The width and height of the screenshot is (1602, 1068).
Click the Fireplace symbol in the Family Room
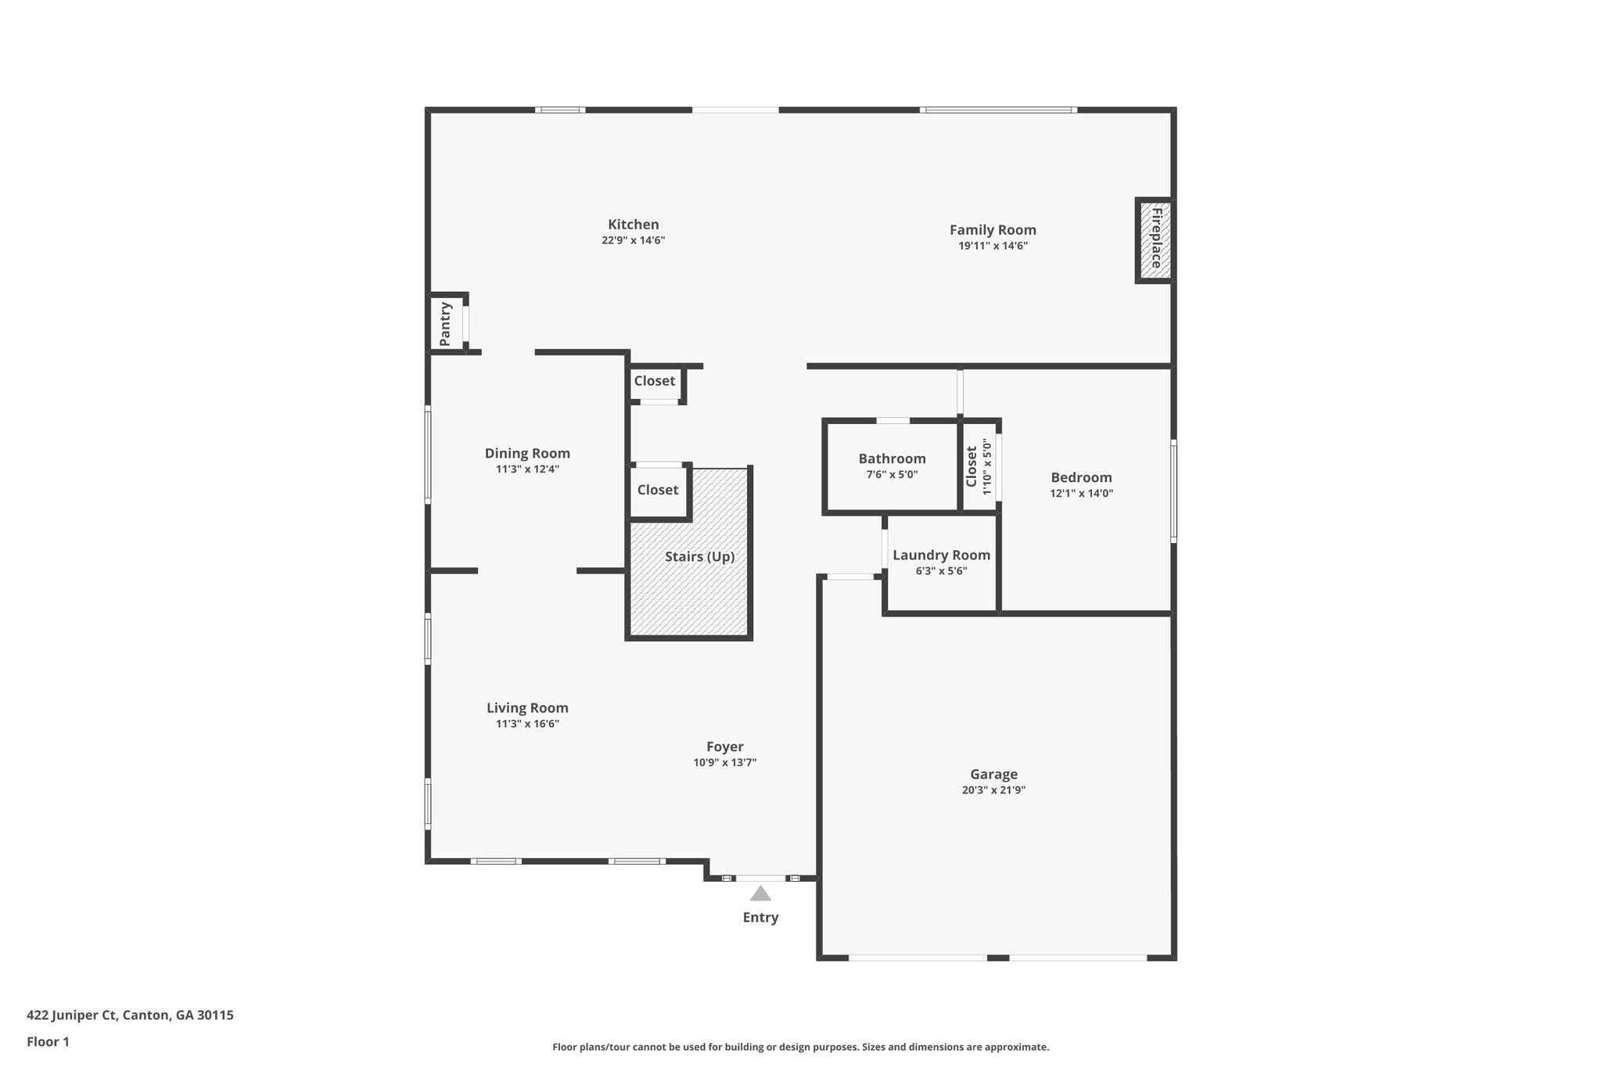coord(1155,239)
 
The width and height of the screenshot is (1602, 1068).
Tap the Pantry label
coord(445,323)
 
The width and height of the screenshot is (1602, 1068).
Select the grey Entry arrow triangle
coord(760,894)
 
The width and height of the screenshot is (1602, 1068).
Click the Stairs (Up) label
coord(699,557)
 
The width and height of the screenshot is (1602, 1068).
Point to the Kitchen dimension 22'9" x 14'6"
coord(633,241)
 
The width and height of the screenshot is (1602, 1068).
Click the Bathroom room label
coord(892,458)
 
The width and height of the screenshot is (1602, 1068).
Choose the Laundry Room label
coord(941,555)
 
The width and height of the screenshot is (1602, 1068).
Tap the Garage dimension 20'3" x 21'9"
coord(993,790)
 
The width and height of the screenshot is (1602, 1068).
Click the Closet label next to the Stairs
coord(657,490)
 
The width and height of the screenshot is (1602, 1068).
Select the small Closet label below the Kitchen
coord(654,381)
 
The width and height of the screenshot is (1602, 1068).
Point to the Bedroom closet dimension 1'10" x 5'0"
coord(987,467)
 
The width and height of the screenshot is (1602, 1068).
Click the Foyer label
coord(724,746)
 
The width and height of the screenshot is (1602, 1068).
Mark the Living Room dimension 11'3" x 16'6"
coord(527,724)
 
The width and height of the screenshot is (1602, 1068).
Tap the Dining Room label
coord(527,453)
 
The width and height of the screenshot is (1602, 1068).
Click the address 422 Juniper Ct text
coord(130,1015)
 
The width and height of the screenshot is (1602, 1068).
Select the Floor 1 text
coord(48,1041)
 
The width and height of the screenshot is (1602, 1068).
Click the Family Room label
coord(993,230)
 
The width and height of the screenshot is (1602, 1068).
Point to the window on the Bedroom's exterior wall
coord(1173,491)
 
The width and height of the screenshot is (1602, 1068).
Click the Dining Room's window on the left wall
coord(428,453)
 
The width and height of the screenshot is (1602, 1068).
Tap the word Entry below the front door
coord(760,918)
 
